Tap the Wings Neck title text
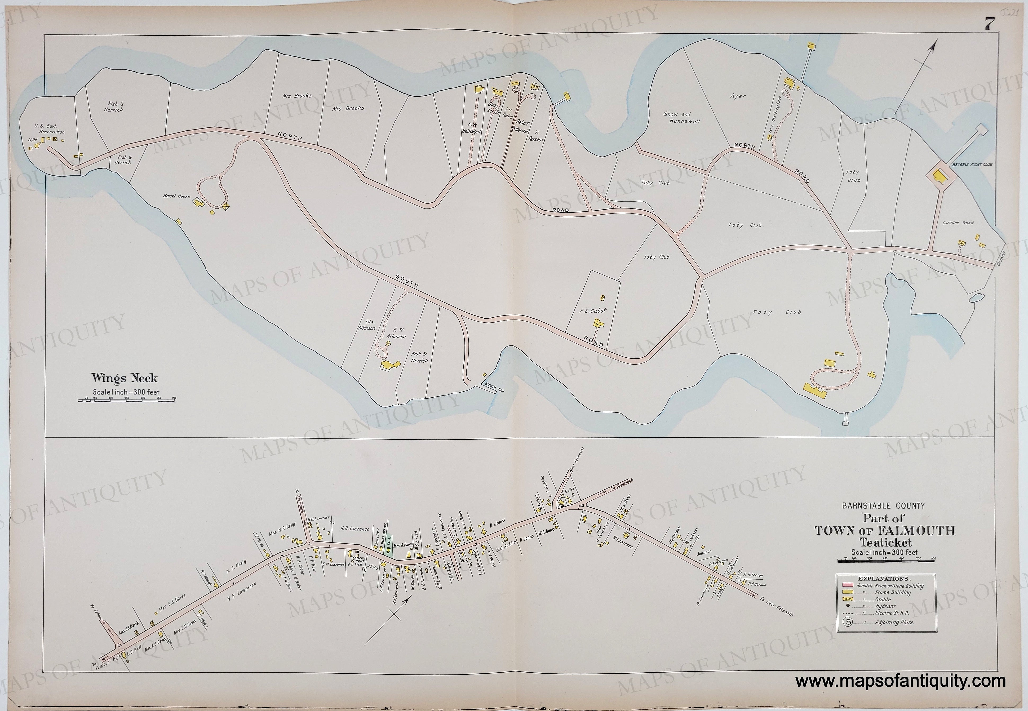coord(124,378)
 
